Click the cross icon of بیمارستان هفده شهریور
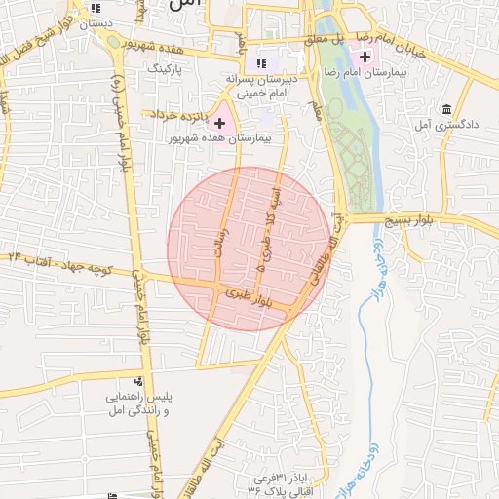tap(219, 123)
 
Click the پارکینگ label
tap(164, 69)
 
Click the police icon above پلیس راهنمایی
tap(138, 383)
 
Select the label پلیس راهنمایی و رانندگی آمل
tap(137, 405)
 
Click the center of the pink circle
tap(249, 248)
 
